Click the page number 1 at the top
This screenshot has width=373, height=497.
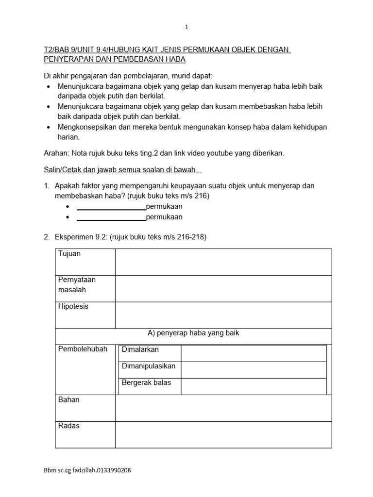pyautogui.click(x=186, y=28)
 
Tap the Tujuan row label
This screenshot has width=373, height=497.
pyautogui.click(x=69, y=254)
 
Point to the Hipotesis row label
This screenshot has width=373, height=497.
pyautogui.click(x=73, y=307)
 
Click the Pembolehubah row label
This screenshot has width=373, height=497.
pyautogui.click(x=83, y=349)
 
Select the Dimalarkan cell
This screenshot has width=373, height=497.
pyautogui.click(x=140, y=349)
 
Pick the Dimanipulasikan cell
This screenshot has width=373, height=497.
pyautogui.click(x=149, y=366)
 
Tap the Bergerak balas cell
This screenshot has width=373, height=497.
pyautogui.click(x=147, y=383)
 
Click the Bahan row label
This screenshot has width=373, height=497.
pyautogui.click(x=69, y=400)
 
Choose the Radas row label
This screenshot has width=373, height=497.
pyautogui.click(x=69, y=426)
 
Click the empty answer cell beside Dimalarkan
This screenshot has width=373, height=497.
pyautogui.click(x=253, y=353)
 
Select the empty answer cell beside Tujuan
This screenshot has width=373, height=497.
pyautogui.click(x=223, y=262)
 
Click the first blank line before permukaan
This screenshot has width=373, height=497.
pyautogui.click(x=111, y=206)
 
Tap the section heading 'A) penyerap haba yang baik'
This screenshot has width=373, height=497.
pyautogui.click(x=193, y=333)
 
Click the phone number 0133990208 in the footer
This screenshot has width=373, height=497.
pyautogui.click(x=113, y=470)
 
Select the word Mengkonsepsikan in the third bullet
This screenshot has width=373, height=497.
pyautogui.click(x=85, y=127)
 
